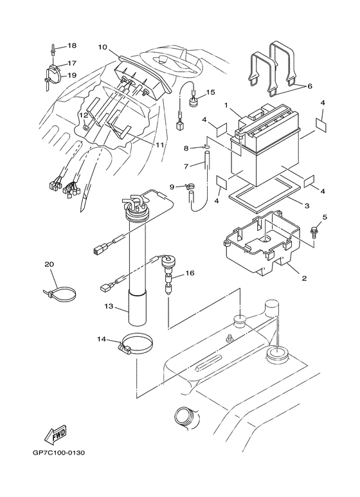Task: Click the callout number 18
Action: [71, 46]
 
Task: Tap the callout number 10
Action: [102, 47]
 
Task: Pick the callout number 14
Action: [102, 338]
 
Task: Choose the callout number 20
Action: [49, 264]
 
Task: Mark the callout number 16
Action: [190, 273]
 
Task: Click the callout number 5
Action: [324, 217]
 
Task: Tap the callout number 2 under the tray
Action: [303, 278]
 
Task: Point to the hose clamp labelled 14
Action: [134, 345]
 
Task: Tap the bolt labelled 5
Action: [314, 230]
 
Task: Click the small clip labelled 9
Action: [190, 187]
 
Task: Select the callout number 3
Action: [307, 206]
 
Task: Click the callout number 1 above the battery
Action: [226, 105]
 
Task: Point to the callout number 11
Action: [159, 145]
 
